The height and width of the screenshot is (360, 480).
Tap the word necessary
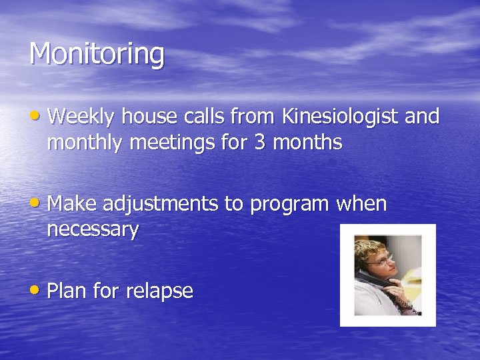point(93,231)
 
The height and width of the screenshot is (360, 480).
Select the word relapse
point(159,291)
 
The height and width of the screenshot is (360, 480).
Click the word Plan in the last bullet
point(67,291)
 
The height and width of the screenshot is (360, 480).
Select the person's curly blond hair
point(370,247)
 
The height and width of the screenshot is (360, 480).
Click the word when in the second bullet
point(362,204)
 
